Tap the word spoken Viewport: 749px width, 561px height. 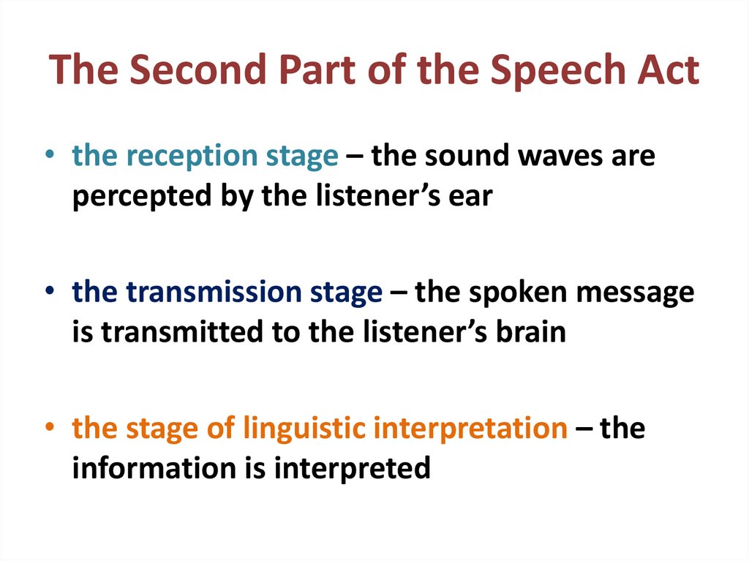(x=513, y=293)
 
